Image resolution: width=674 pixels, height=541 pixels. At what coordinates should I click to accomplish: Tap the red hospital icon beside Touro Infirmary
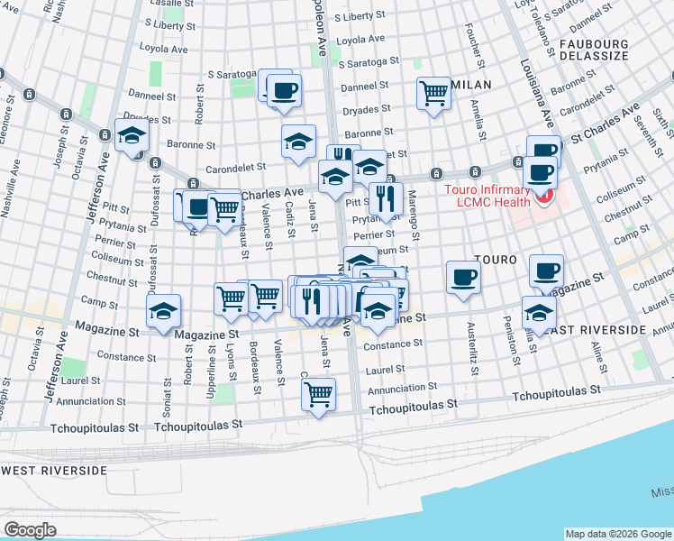point(542,197)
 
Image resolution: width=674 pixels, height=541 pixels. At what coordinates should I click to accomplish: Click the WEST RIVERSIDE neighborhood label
point(54,471)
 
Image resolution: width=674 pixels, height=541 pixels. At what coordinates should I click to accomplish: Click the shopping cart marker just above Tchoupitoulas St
point(318,393)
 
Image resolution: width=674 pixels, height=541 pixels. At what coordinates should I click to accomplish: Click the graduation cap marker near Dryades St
point(132,135)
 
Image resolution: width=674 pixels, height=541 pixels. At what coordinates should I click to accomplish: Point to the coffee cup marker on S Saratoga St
point(283,90)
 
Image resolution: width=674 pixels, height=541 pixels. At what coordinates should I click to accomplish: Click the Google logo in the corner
point(30,530)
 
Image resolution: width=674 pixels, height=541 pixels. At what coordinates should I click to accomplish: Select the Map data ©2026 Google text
point(617,534)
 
